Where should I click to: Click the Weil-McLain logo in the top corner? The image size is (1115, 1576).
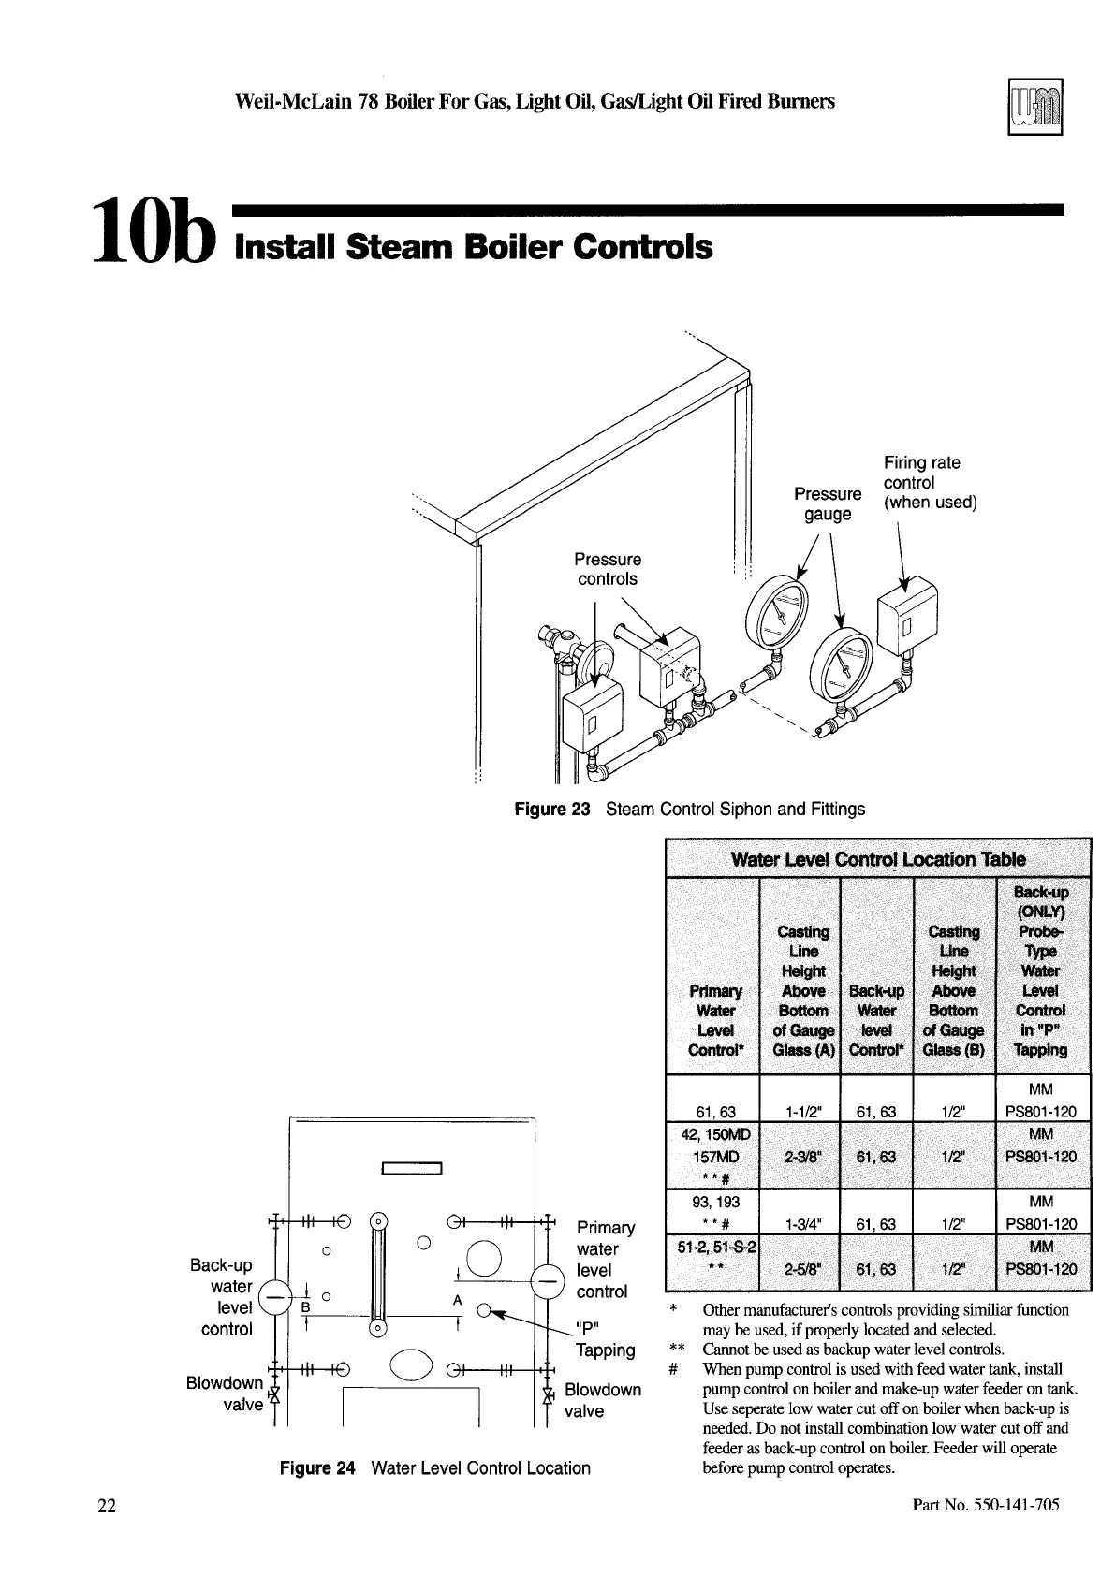point(1035,107)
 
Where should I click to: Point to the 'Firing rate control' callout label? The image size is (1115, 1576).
point(929,482)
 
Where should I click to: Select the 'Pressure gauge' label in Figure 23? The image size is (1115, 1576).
point(828,503)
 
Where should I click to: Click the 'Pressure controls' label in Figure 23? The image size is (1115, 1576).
point(609,569)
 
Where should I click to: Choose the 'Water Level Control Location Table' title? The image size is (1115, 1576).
point(877,859)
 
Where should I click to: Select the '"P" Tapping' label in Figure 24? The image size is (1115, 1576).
point(604,1338)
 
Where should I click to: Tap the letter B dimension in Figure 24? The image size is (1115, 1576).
point(305,1306)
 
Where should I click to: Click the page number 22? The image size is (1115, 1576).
point(106,1506)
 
